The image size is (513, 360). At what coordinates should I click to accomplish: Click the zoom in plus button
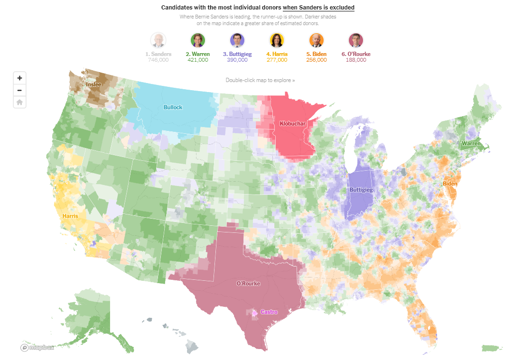pyautogui.click(x=19, y=78)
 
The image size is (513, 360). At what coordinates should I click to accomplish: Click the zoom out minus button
pyautogui.click(x=19, y=90)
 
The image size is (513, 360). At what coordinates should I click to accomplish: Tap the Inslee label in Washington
pyautogui.click(x=93, y=84)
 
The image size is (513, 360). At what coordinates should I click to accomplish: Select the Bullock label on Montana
pyautogui.click(x=173, y=107)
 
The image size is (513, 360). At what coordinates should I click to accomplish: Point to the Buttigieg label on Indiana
pyautogui.click(x=361, y=190)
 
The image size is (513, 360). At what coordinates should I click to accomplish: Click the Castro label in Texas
pyautogui.click(x=269, y=312)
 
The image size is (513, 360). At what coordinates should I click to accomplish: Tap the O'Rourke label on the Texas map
pyautogui.click(x=248, y=283)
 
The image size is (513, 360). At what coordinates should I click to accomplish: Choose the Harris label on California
pyautogui.click(x=70, y=216)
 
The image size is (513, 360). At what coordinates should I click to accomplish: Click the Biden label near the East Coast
pyautogui.click(x=450, y=184)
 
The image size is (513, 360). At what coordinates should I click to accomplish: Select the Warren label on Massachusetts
pyautogui.click(x=471, y=143)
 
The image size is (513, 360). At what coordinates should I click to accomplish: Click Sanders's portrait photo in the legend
pyautogui.click(x=158, y=40)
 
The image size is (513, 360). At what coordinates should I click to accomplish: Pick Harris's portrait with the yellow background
pyautogui.click(x=277, y=40)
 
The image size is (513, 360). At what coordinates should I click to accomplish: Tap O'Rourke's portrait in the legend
pyautogui.click(x=355, y=40)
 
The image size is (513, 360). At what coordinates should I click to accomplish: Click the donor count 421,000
pyautogui.click(x=197, y=60)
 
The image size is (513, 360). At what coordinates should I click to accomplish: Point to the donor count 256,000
pyautogui.click(x=316, y=60)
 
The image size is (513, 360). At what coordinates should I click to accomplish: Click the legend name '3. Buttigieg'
pyautogui.click(x=237, y=54)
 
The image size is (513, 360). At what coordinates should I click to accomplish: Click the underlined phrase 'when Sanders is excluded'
pyautogui.click(x=318, y=8)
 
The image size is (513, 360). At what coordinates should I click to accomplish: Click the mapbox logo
pyautogui.click(x=37, y=348)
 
